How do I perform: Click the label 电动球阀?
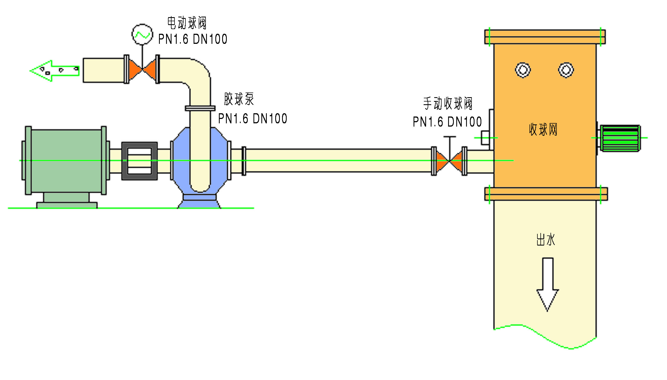point(187,23)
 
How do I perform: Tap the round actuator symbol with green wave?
point(142,34)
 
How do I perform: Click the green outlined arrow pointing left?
point(54,71)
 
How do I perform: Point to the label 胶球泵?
point(239,99)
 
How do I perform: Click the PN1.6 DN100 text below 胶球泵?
point(253,119)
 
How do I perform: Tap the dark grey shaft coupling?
point(139,161)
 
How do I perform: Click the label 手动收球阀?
point(448,103)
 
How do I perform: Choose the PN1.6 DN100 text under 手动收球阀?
point(447,122)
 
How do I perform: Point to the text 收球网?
point(543,129)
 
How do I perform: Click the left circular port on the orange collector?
point(523,70)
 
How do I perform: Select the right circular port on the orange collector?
point(566,70)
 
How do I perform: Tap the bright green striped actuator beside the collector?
point(620,138)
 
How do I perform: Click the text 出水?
point(546,240)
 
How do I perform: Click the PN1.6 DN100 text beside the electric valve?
point(193,39)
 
